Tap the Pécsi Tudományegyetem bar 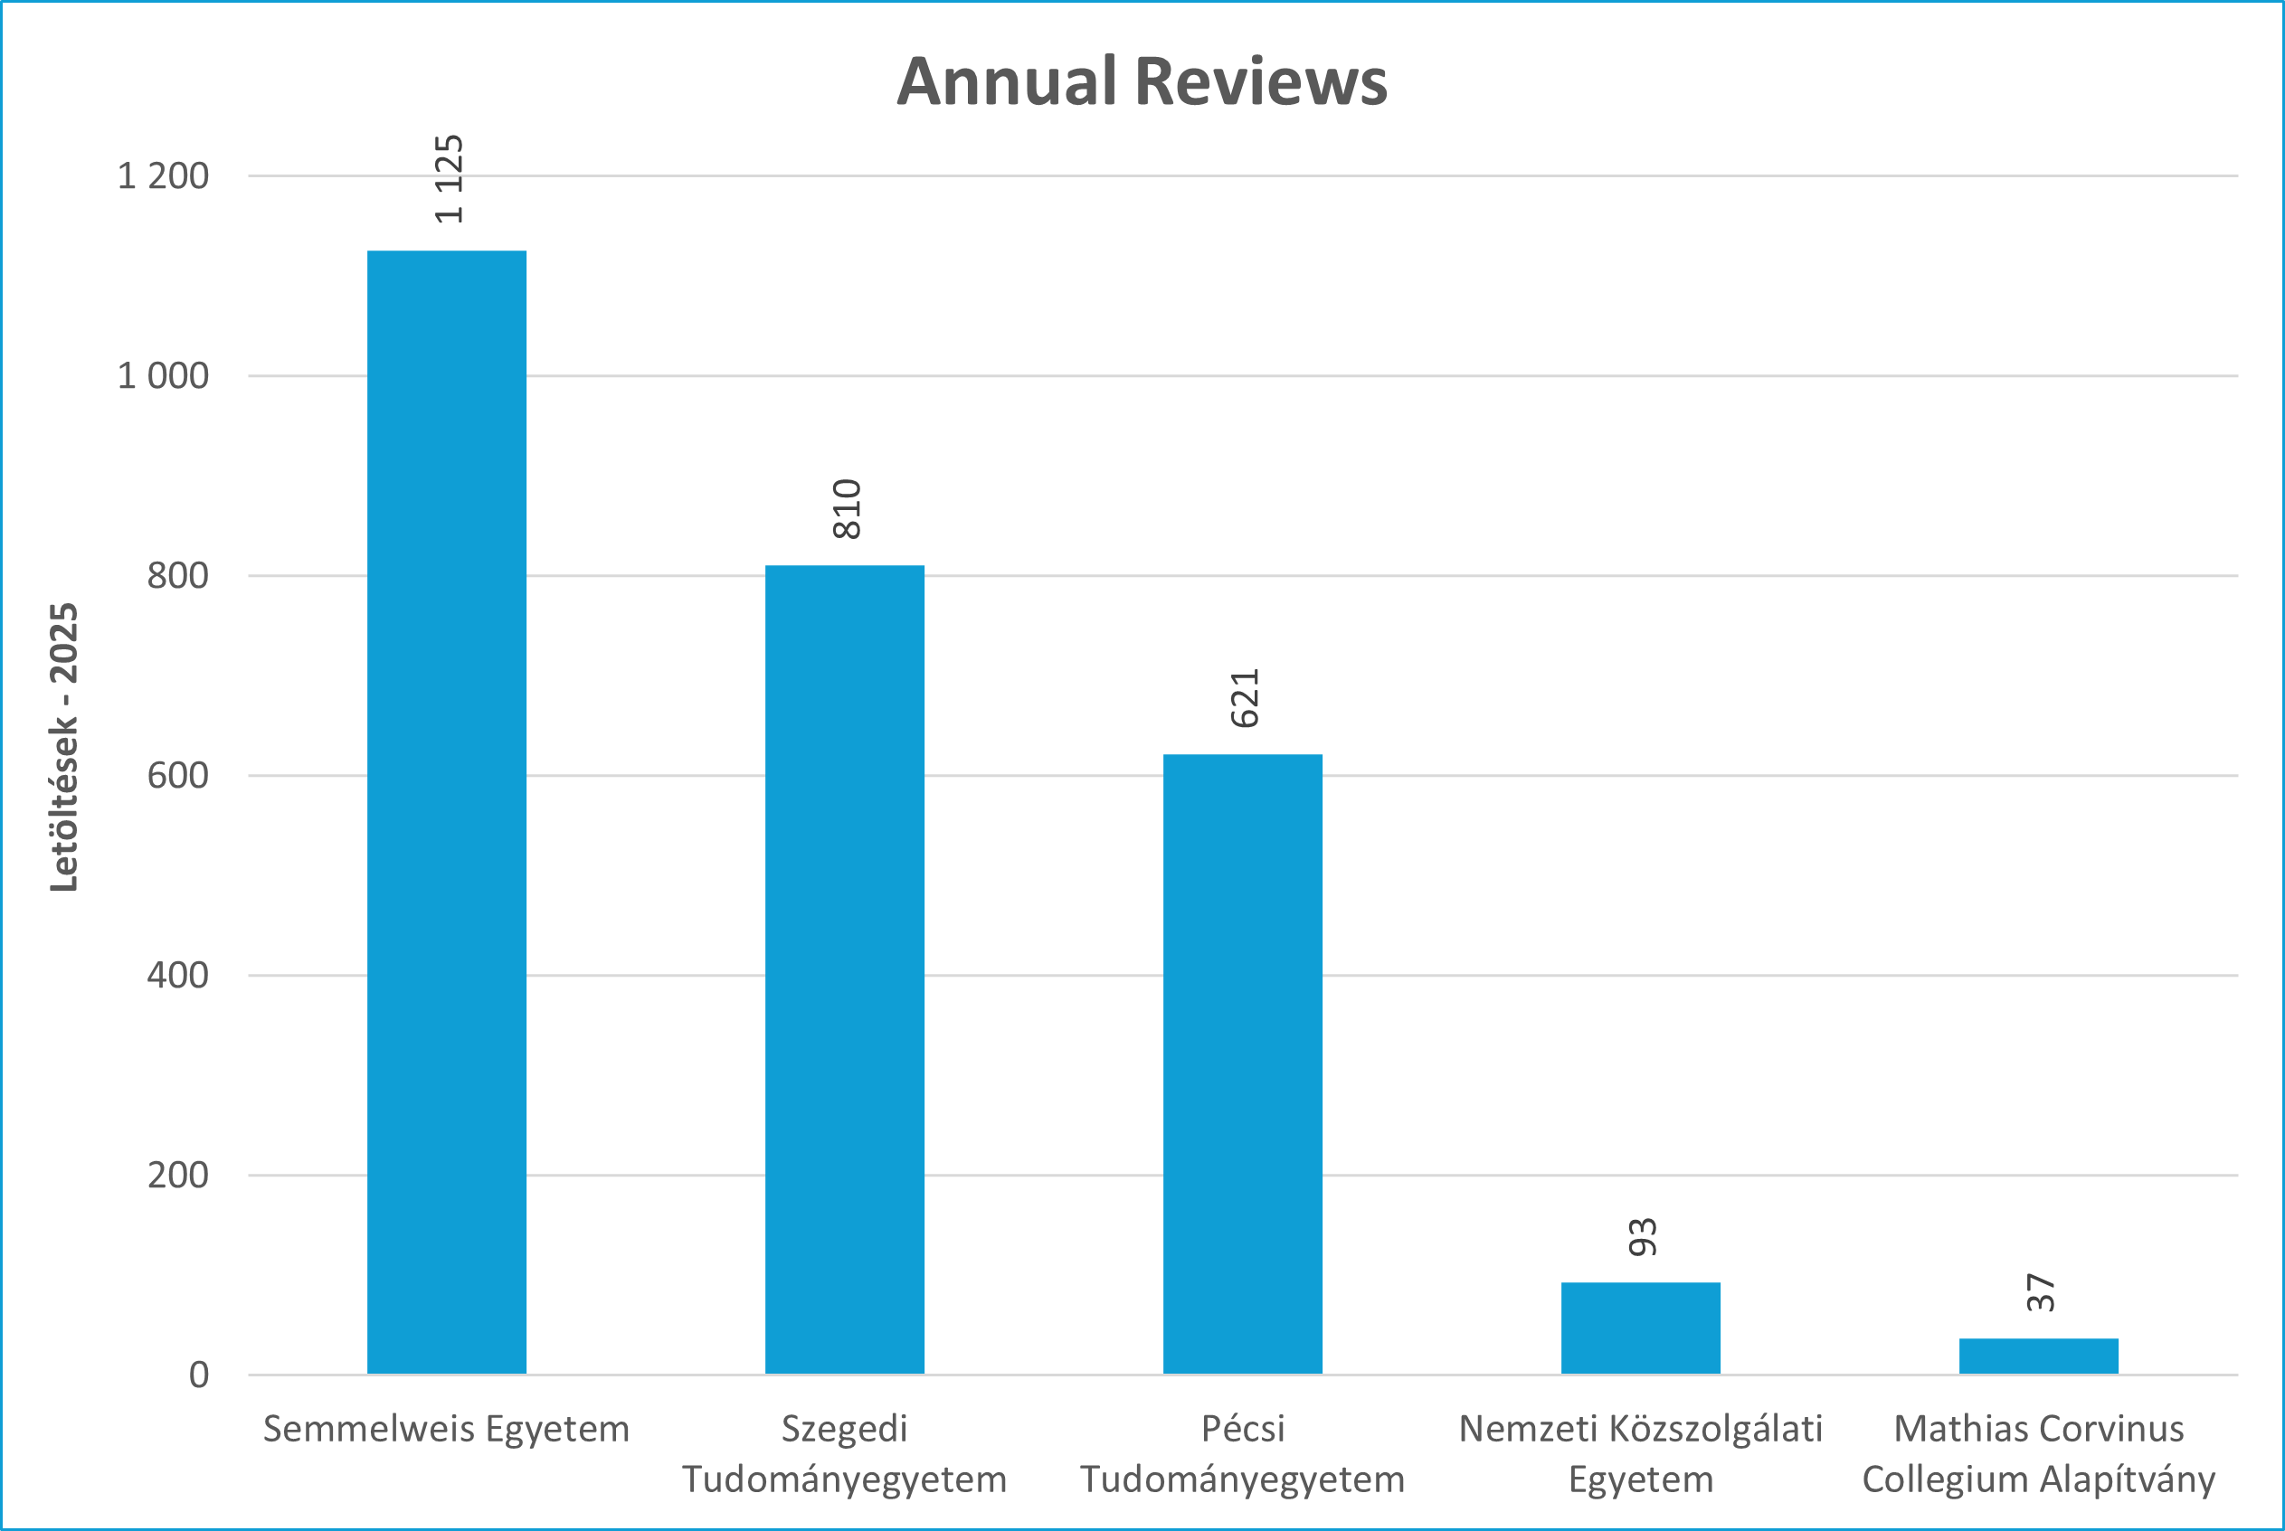(1242, 1064)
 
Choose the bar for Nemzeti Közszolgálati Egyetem (1641, 1328)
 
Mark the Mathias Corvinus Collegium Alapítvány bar (2039, 1356)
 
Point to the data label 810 (847, 509)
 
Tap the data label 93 (1643, 1237)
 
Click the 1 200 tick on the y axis (163, 176)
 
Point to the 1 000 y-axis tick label (163, 376)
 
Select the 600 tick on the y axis (177, 775)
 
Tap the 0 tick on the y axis (199, 1375)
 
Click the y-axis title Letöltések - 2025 (64, 747)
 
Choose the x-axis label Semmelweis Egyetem (446, 1430)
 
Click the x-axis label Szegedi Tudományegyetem (845, 1455)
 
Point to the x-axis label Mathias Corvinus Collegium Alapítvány (2039, 1455)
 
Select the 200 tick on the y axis (177, 1175)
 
